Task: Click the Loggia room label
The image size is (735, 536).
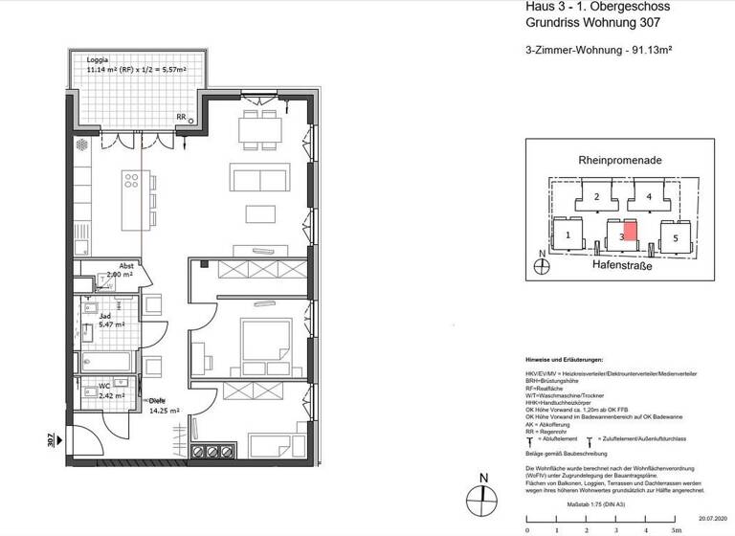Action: pos(99,58)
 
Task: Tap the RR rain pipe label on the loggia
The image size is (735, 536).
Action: pos(181,117)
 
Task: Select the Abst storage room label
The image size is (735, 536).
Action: pos(125,266)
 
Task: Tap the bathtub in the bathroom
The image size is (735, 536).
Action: pos(108,362)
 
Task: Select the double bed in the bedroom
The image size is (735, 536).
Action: pos(263,340)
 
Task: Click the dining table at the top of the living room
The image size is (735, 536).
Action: pos(255,130)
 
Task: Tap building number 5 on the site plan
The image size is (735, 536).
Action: pos(675,236)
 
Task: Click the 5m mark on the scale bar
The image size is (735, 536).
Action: pos(677,527)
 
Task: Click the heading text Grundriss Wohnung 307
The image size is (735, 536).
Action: pos(598,24)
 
